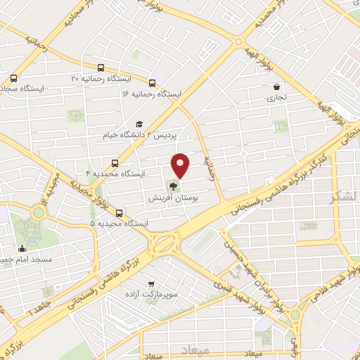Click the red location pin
[181, 165]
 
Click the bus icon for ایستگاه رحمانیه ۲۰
[101, 69]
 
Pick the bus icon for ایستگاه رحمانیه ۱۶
[153, 82]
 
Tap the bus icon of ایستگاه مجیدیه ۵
[118, 212]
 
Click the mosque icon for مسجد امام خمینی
[22, 248]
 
